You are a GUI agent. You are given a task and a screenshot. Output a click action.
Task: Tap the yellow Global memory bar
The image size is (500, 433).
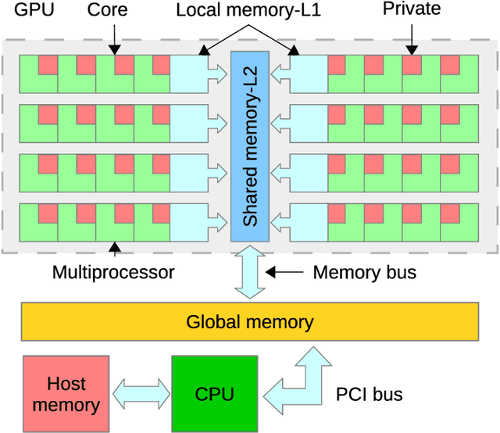(x=250, y=321)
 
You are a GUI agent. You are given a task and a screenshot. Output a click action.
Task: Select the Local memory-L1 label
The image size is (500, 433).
(x=248, y=10)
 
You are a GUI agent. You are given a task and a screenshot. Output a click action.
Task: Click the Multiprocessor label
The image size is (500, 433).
(x=113, y=273)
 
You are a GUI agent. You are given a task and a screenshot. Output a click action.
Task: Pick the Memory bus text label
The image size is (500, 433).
(x=364, y=273)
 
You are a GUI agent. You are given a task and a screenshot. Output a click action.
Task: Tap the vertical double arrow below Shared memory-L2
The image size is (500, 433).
(x=250, y=272)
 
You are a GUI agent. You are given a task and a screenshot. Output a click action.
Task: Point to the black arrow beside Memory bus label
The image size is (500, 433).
(x=284, y=273)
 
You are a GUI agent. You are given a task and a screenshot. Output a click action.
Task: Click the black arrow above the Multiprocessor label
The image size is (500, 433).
(x=115, y=249)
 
